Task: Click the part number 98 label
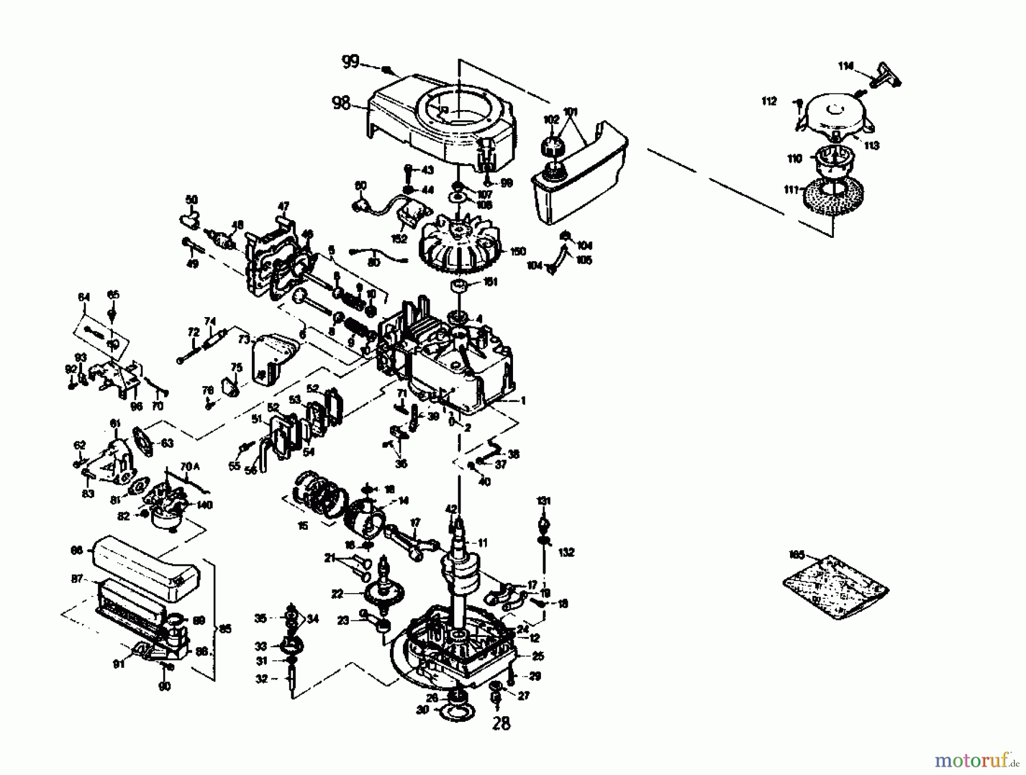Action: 341,104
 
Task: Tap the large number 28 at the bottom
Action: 501,724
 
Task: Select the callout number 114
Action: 845,67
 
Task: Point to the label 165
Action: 796,554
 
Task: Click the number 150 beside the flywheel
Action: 518,251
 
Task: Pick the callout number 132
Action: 567,552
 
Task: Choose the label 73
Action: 245,340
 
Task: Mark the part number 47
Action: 283,206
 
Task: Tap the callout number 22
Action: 337,594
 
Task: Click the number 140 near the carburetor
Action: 204,505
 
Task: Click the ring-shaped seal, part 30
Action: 454,711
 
